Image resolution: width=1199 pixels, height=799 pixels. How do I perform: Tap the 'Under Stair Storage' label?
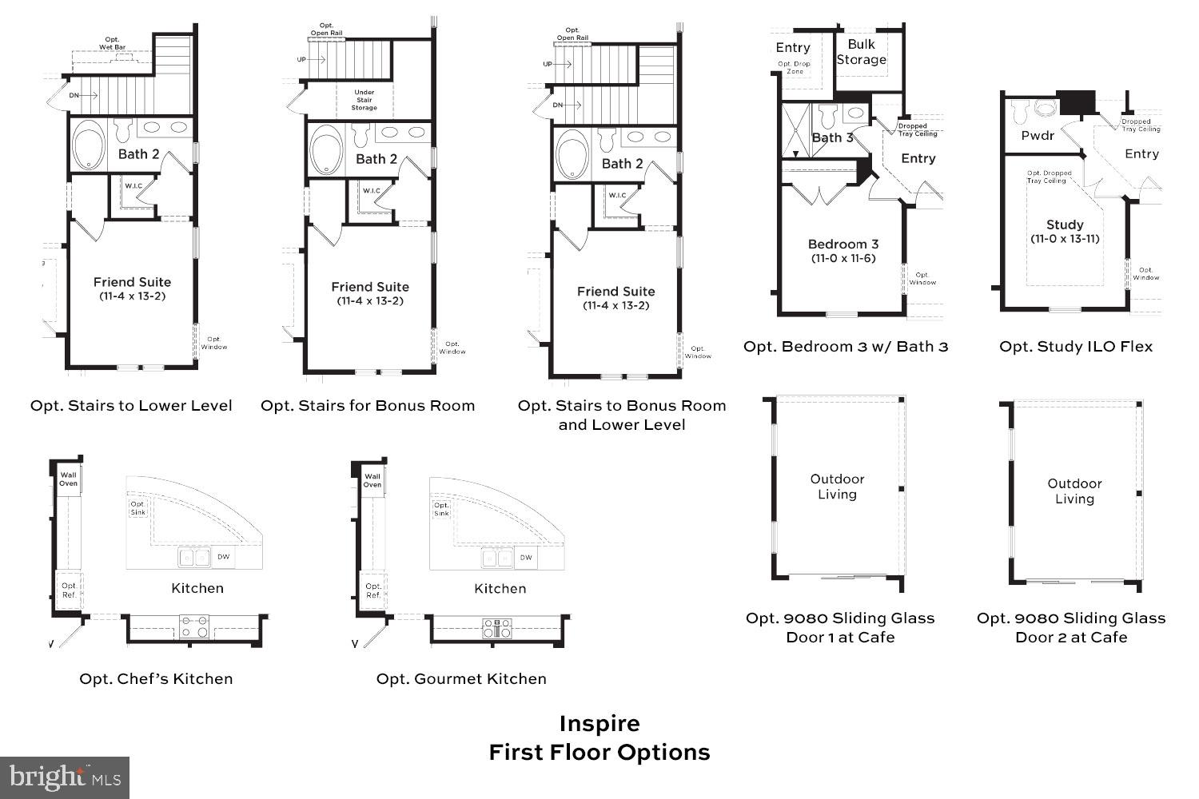[364, 100]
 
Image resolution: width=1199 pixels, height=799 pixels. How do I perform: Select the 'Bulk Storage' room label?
[861, 52]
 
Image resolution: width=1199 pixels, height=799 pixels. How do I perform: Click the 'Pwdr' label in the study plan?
[1038, 136]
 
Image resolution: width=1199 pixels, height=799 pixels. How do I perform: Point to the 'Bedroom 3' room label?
[842, 244]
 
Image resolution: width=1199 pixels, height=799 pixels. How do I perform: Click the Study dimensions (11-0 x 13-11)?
[1065, 239]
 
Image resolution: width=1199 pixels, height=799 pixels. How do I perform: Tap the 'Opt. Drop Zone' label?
[794, 67]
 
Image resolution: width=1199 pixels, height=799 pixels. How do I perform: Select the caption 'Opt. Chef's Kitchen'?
[156, 678]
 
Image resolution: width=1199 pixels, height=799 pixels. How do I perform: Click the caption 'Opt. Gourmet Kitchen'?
[461, 678]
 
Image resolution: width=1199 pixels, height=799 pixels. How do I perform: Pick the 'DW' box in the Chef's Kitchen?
[225, 557]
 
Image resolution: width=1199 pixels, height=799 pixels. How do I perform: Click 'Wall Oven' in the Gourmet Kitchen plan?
[372, 479]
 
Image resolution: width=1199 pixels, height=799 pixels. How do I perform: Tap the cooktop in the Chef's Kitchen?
[194, 627]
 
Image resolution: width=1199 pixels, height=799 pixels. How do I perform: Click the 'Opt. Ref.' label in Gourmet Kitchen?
[373, 590]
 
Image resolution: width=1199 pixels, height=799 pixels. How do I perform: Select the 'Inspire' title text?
[599, 723]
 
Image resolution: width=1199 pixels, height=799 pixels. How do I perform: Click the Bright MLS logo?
[65, 777]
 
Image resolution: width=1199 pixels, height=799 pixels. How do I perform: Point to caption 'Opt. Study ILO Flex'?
[1076, 346]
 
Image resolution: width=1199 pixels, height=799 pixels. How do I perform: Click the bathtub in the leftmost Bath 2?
[88, 146]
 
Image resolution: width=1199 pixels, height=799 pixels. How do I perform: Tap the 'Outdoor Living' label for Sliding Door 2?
[1074, 491]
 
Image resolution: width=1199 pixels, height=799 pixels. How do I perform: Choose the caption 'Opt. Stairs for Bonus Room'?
[368, 405]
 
